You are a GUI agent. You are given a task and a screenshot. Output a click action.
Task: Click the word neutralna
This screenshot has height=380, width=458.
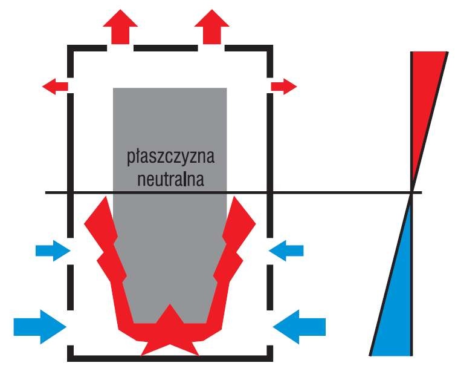[170, 179]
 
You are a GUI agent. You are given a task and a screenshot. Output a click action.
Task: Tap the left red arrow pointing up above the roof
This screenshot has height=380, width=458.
[120, 27]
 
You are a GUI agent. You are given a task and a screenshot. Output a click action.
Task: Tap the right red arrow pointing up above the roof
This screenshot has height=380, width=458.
[211, 27]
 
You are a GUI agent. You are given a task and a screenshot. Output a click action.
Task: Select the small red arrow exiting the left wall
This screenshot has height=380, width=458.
[55, 87]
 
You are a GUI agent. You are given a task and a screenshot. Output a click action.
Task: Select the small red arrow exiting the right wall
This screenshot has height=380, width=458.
[284, 87]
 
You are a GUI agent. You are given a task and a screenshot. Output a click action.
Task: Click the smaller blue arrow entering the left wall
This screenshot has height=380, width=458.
[53, 251]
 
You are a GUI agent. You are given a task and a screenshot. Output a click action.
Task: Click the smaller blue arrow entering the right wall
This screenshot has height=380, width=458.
[286, 251]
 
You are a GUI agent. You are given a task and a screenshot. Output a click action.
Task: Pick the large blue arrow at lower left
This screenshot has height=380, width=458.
[40, 327]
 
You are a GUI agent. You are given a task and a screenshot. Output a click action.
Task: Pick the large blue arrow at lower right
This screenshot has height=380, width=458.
[299, 327]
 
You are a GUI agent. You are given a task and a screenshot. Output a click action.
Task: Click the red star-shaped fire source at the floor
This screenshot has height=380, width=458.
[170, 333]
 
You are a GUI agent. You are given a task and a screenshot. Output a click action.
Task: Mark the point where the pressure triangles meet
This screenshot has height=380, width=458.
[412, 193]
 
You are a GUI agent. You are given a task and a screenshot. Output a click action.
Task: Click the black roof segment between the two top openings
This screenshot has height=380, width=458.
[166, 48]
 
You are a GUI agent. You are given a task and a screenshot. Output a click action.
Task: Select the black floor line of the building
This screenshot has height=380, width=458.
[170, 359]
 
